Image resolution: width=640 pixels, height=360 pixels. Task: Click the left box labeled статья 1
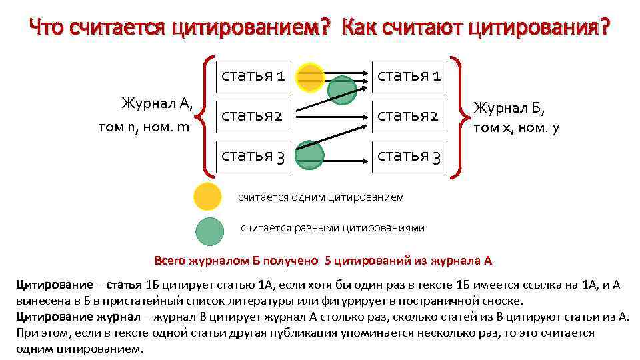[253, 76]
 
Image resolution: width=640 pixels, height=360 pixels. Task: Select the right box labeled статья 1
[409, 76]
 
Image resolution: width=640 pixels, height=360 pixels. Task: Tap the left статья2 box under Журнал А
[253, 116]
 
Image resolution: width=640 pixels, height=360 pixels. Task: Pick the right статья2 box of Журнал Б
[409, 116]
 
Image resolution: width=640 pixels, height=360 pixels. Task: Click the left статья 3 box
[253, 156]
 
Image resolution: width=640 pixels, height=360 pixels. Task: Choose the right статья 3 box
[409, 156]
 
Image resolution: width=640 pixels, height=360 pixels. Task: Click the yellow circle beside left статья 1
[310, 76]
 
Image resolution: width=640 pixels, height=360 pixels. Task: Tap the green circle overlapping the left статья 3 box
[310, 153]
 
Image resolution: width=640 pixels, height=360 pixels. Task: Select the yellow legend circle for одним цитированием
[207, 197]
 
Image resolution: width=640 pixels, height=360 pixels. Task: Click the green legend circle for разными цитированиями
[209, 231]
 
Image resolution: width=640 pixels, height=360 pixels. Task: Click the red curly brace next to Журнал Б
[457, 116]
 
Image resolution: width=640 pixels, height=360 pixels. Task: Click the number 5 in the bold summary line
[328, 260]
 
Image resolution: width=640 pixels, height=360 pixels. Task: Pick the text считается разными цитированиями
[332, 228]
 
